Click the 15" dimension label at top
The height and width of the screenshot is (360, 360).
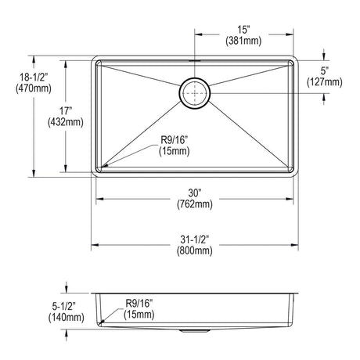tap(243, 30)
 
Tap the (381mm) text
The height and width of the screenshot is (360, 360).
tap(243, 41)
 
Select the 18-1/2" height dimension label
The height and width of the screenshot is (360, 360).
tap(34, 77)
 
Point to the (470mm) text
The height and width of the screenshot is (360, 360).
tap(34, 88)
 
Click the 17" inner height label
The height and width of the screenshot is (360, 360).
tap(65, 111)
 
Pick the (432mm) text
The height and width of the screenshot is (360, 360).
tap(66, 122)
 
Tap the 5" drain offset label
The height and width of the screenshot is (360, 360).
tap(324, 70)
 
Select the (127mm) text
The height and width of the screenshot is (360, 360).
tap(324, 82)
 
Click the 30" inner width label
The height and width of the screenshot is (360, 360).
tap(195, 193)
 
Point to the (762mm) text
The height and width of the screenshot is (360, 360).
tap(195, 204)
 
